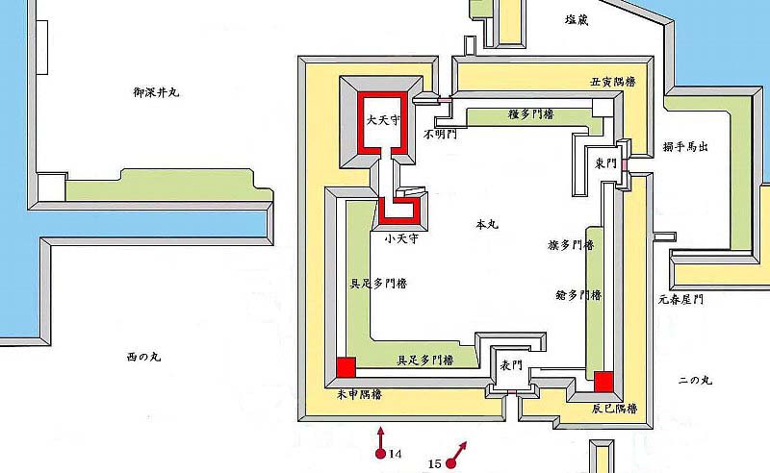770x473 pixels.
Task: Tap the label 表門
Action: pos(510,366)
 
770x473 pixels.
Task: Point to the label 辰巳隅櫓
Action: pos(612,408)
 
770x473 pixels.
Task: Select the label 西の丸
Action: pos(145,357)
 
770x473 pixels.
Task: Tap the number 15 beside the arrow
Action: pos(435,463)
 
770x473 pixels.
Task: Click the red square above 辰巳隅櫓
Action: pos(603,382)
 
